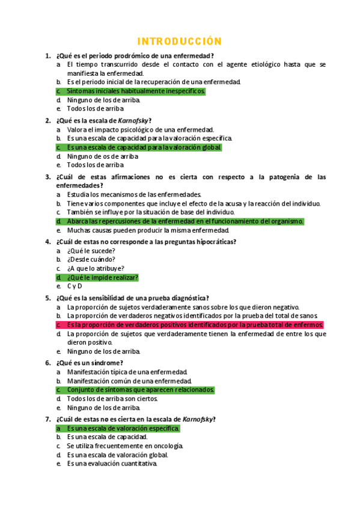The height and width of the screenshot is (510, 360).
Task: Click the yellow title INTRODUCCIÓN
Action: point(180,41)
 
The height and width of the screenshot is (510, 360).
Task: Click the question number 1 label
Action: point(47,56)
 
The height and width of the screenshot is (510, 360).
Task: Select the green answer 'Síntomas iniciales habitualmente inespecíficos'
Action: point(136,91)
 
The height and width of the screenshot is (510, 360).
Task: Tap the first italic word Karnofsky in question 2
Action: point(134,120)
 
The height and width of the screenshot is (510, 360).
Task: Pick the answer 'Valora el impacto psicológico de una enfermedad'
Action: point(140,129)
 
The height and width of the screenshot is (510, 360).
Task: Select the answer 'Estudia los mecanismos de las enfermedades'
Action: point(134,194)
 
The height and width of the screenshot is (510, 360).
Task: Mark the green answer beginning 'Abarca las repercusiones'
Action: point(185,221)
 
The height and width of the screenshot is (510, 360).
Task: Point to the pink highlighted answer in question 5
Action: point(195,325)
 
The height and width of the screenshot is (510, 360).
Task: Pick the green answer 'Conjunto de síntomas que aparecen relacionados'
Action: point(140,390)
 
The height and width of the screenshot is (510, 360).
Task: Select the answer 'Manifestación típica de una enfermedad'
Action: point(127,372)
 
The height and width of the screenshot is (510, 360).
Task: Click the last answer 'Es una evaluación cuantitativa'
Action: point(112,464)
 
